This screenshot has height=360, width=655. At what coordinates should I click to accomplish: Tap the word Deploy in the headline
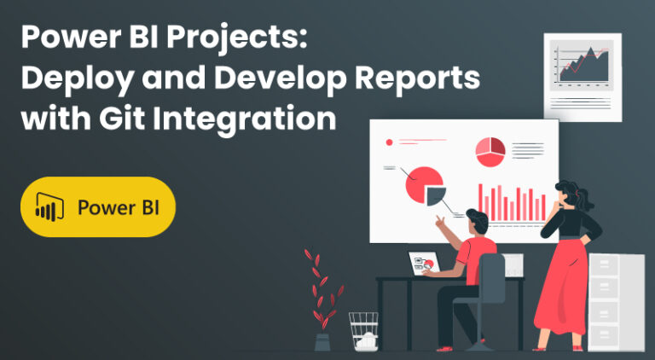click(x=68, y=78)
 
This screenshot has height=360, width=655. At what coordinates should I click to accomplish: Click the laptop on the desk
click(x=424, y=264)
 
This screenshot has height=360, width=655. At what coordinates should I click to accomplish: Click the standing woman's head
click(x=568, y=194)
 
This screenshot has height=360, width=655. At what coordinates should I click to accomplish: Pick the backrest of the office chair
click(x=492, y=277)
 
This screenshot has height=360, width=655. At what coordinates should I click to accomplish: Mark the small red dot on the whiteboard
click(x=390, y=142)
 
